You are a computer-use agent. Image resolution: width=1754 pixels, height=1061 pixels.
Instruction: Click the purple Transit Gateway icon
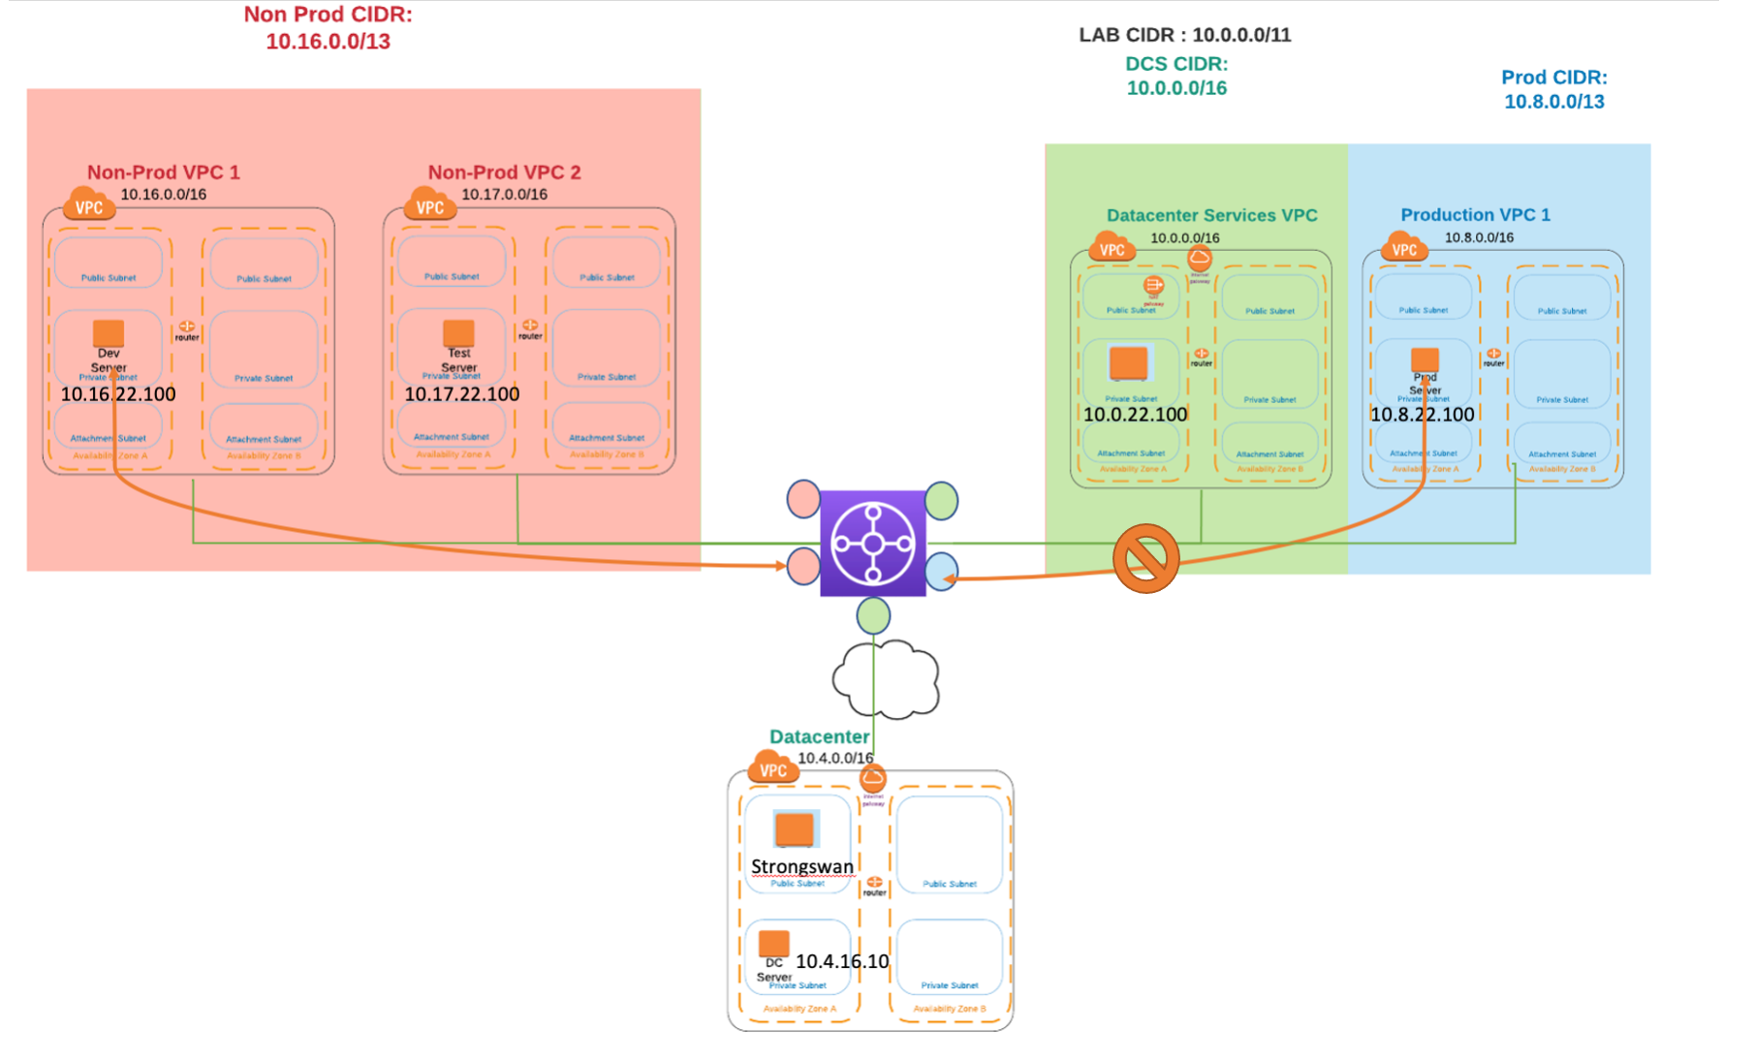tap(872, 544)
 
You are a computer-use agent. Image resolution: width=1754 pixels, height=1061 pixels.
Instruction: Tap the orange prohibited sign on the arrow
tap(1145, 559)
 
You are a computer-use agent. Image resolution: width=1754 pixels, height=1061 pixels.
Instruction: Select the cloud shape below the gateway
tap(886, 679)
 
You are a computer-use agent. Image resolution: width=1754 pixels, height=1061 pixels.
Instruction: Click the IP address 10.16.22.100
tap(118, 394)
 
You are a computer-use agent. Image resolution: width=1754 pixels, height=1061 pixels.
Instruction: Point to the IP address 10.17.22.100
tap(461, 394)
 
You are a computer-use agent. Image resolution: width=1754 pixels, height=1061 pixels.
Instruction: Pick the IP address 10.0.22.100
tap(1135, 415)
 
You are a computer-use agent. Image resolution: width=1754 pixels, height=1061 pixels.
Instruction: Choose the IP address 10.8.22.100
tap(1422, 415)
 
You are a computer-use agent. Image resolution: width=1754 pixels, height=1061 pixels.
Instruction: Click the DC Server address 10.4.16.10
tap(842, 961)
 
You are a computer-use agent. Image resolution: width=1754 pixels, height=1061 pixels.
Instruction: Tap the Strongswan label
tap(802, 866)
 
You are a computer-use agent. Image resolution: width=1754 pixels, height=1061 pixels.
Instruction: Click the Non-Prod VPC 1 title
tap(164, 172)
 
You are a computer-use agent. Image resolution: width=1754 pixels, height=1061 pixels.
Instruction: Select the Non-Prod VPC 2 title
tap(504, 172)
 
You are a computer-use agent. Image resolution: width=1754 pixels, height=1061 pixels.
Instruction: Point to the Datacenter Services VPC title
tap(1211, 215)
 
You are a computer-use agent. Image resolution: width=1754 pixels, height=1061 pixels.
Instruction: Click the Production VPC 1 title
tap(1475, 215)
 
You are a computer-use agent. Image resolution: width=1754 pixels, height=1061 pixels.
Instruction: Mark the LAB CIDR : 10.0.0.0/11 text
tap(1184, 35)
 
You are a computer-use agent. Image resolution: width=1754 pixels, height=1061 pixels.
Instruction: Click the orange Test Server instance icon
tap(458, 333)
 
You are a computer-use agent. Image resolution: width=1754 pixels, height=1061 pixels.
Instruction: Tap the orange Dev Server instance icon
tap(109, 333)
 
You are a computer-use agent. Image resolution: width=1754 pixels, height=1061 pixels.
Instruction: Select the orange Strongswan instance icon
tap(795, 829)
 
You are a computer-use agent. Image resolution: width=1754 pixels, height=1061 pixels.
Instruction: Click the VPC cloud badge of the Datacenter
tap(772, 769)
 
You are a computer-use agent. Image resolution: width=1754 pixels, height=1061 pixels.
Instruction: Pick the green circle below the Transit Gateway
tap(873, 616)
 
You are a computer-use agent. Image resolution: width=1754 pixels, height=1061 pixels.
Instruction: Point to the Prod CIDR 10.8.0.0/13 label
tap(1553, 89)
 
